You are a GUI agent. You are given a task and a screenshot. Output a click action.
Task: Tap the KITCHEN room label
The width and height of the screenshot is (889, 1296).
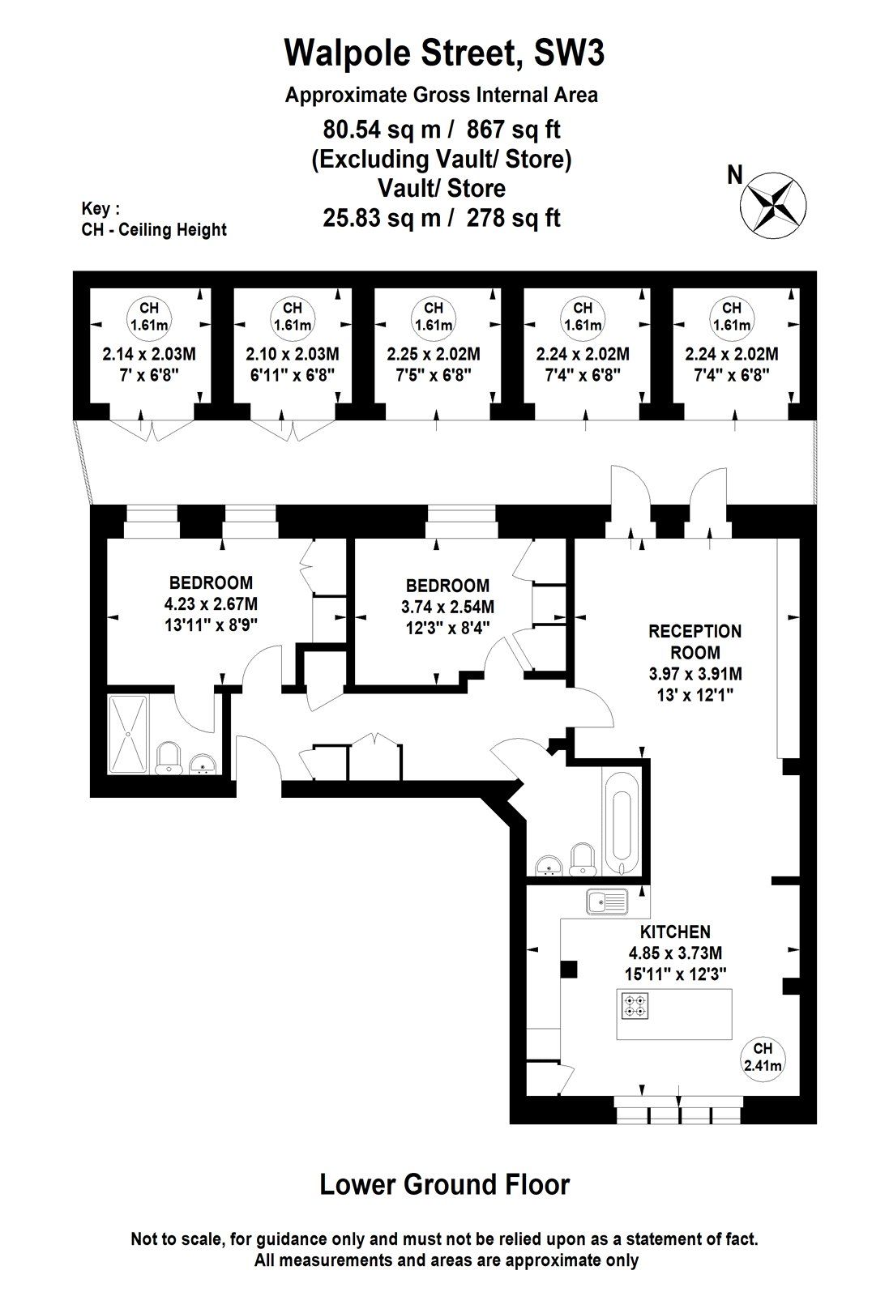coord(675,932)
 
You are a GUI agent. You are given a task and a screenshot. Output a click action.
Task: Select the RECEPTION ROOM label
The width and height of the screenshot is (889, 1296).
coord(695,641)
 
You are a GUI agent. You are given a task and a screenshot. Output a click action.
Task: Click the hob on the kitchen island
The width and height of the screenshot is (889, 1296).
coord(635,1006)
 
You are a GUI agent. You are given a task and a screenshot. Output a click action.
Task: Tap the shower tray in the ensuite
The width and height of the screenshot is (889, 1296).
coord(129,734)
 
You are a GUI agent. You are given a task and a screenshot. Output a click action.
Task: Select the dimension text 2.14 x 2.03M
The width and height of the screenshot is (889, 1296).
coord(149,354)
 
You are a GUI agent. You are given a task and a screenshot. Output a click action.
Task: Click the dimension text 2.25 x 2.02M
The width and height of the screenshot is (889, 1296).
coord(434,354)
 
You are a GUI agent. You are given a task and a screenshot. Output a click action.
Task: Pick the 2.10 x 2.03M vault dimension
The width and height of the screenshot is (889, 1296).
coord(292,354)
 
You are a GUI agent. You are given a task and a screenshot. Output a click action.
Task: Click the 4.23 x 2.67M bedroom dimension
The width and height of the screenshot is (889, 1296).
coord(211,603)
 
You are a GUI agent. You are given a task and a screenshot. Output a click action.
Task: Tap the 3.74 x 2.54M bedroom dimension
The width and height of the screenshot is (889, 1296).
coord(447,606)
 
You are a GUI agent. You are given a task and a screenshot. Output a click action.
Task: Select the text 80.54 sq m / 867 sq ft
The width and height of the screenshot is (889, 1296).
coord(442,129)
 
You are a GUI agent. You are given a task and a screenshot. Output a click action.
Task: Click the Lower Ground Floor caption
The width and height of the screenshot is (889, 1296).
coord(444,1184)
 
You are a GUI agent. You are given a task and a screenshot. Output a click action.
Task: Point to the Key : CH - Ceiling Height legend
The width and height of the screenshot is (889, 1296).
coord(153,220)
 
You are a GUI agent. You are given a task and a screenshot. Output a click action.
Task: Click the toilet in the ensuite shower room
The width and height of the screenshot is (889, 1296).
coord(169,758)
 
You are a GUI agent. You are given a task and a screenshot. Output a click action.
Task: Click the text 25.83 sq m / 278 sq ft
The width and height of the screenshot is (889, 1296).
coord(442,218)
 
